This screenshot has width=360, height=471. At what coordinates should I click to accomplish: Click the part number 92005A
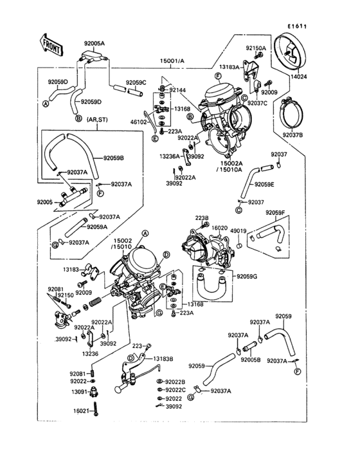tap(94, 42)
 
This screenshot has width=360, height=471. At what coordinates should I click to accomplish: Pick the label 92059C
tap(136, 82)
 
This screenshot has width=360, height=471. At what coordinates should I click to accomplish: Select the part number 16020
tap(220, 228)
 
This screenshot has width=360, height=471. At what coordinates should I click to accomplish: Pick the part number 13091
tap(78, 392)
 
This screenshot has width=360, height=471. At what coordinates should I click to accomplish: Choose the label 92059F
tap(274, 212)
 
